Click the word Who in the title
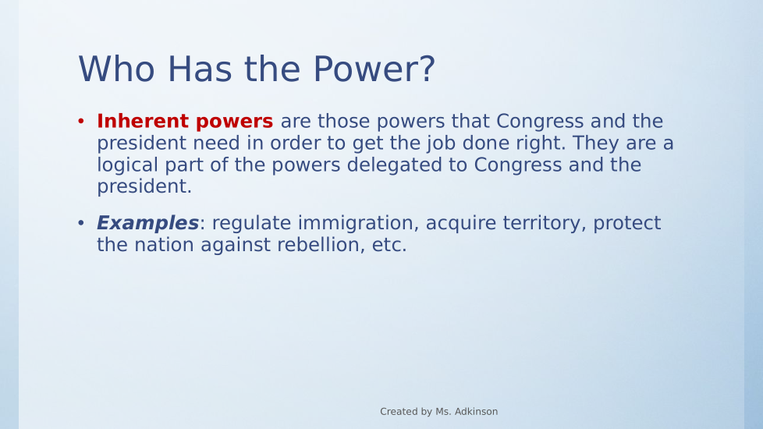point(117,69)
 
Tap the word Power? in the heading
point(374,69)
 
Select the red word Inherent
point(143,121)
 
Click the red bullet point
point(81,121)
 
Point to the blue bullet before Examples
point(81,223)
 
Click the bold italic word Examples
point(148,223)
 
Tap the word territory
point(545,223)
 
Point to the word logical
point(127,165)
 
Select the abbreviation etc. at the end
point(389,245)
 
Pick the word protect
point(627,223)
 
